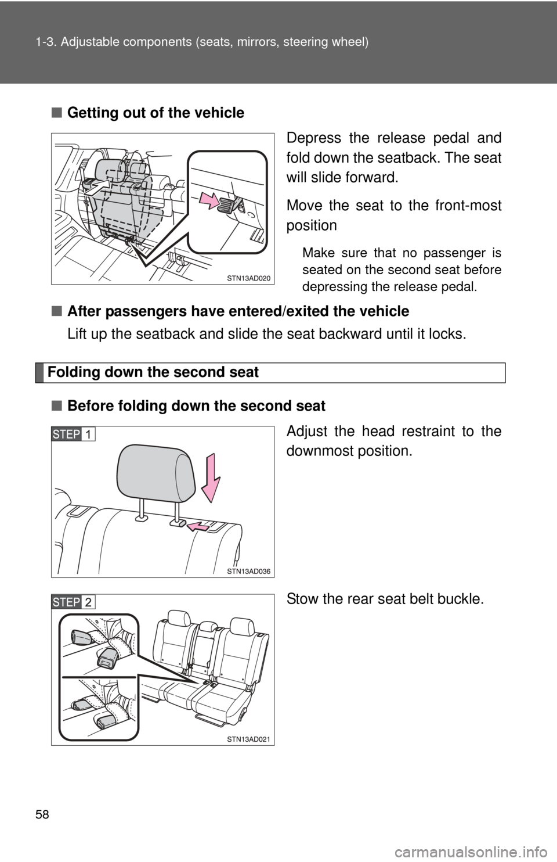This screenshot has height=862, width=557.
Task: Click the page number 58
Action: pyautogui.click(x=42, y=814)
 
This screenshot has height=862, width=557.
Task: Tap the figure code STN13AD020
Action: pyautogui.click(x=248, y=278)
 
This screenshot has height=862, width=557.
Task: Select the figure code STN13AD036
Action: pyautogui.click(x=248, y=572)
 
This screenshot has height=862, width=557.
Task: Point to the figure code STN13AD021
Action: pyautogui.click(x=248, y=739)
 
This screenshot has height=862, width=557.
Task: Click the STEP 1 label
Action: pyautogui.click(x=73, y=434)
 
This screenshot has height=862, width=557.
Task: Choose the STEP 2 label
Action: pyautogui.click(x=73, y=602)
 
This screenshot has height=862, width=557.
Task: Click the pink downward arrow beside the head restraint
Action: pyautogui.click(x=211, y=477)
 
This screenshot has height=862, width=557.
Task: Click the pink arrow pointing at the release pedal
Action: pyautogui.click(x=209, y=200)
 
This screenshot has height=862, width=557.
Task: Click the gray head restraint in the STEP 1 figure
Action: pyautogui.click(x=155, y=473)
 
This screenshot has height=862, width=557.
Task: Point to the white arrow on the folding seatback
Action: pyautogui.click(x=97, y=188)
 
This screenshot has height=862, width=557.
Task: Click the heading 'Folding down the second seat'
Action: pyautogui.click(x=153, y=372)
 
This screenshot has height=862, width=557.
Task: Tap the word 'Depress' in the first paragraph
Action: pyautogui.click(x=313, y=138)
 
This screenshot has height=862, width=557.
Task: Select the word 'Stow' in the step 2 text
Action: pyautogui.click(x=302, y=599)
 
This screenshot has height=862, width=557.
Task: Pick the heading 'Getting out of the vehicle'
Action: pyautogui.click(x=155, y=113)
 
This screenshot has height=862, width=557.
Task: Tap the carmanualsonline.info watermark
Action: pyautogui.click(x=475, y=851)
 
